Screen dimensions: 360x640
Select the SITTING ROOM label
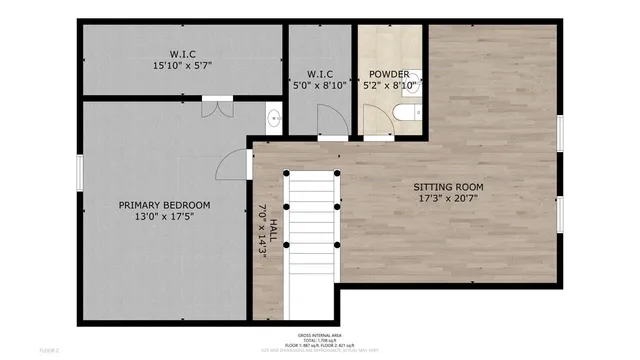(x=449, y=187)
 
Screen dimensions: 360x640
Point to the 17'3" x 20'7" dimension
(x=449, y=199)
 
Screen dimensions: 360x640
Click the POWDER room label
(x=388, y=74)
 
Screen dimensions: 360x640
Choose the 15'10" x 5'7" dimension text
(x=182, y=67)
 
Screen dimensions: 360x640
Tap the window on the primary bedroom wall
(x=77, y=170)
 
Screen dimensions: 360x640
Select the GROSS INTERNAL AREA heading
(x=319, y=335)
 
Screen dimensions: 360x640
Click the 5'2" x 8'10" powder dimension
(x=388, y=86)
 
